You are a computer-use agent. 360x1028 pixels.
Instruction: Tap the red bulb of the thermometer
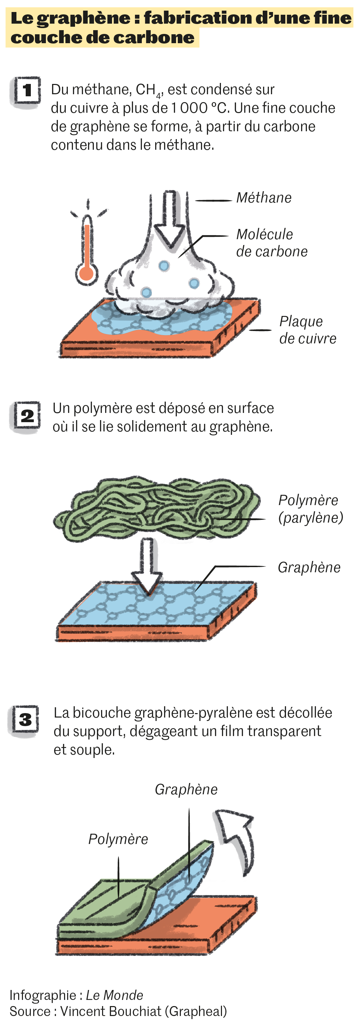pyautogui.click(x=87, y=274)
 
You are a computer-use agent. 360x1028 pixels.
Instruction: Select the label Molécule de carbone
pyautogui.click(x=271, y=243)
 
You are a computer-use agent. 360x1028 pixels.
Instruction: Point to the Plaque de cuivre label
pyautogui.click(x=307, y=330)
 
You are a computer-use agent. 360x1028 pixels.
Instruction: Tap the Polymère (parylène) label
pyautogui.click(x=310, y=509)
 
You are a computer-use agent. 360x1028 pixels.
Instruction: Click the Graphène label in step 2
pyautogui.click(x=309, y=567)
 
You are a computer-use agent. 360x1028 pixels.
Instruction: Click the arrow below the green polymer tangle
pyautogui.click(x=148, y=567)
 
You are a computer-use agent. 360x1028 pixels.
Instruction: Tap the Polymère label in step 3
pyautogui.click(x=118, y=839)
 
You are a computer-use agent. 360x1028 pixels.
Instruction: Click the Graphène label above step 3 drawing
pyautogui.click(x=186, y=790)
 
